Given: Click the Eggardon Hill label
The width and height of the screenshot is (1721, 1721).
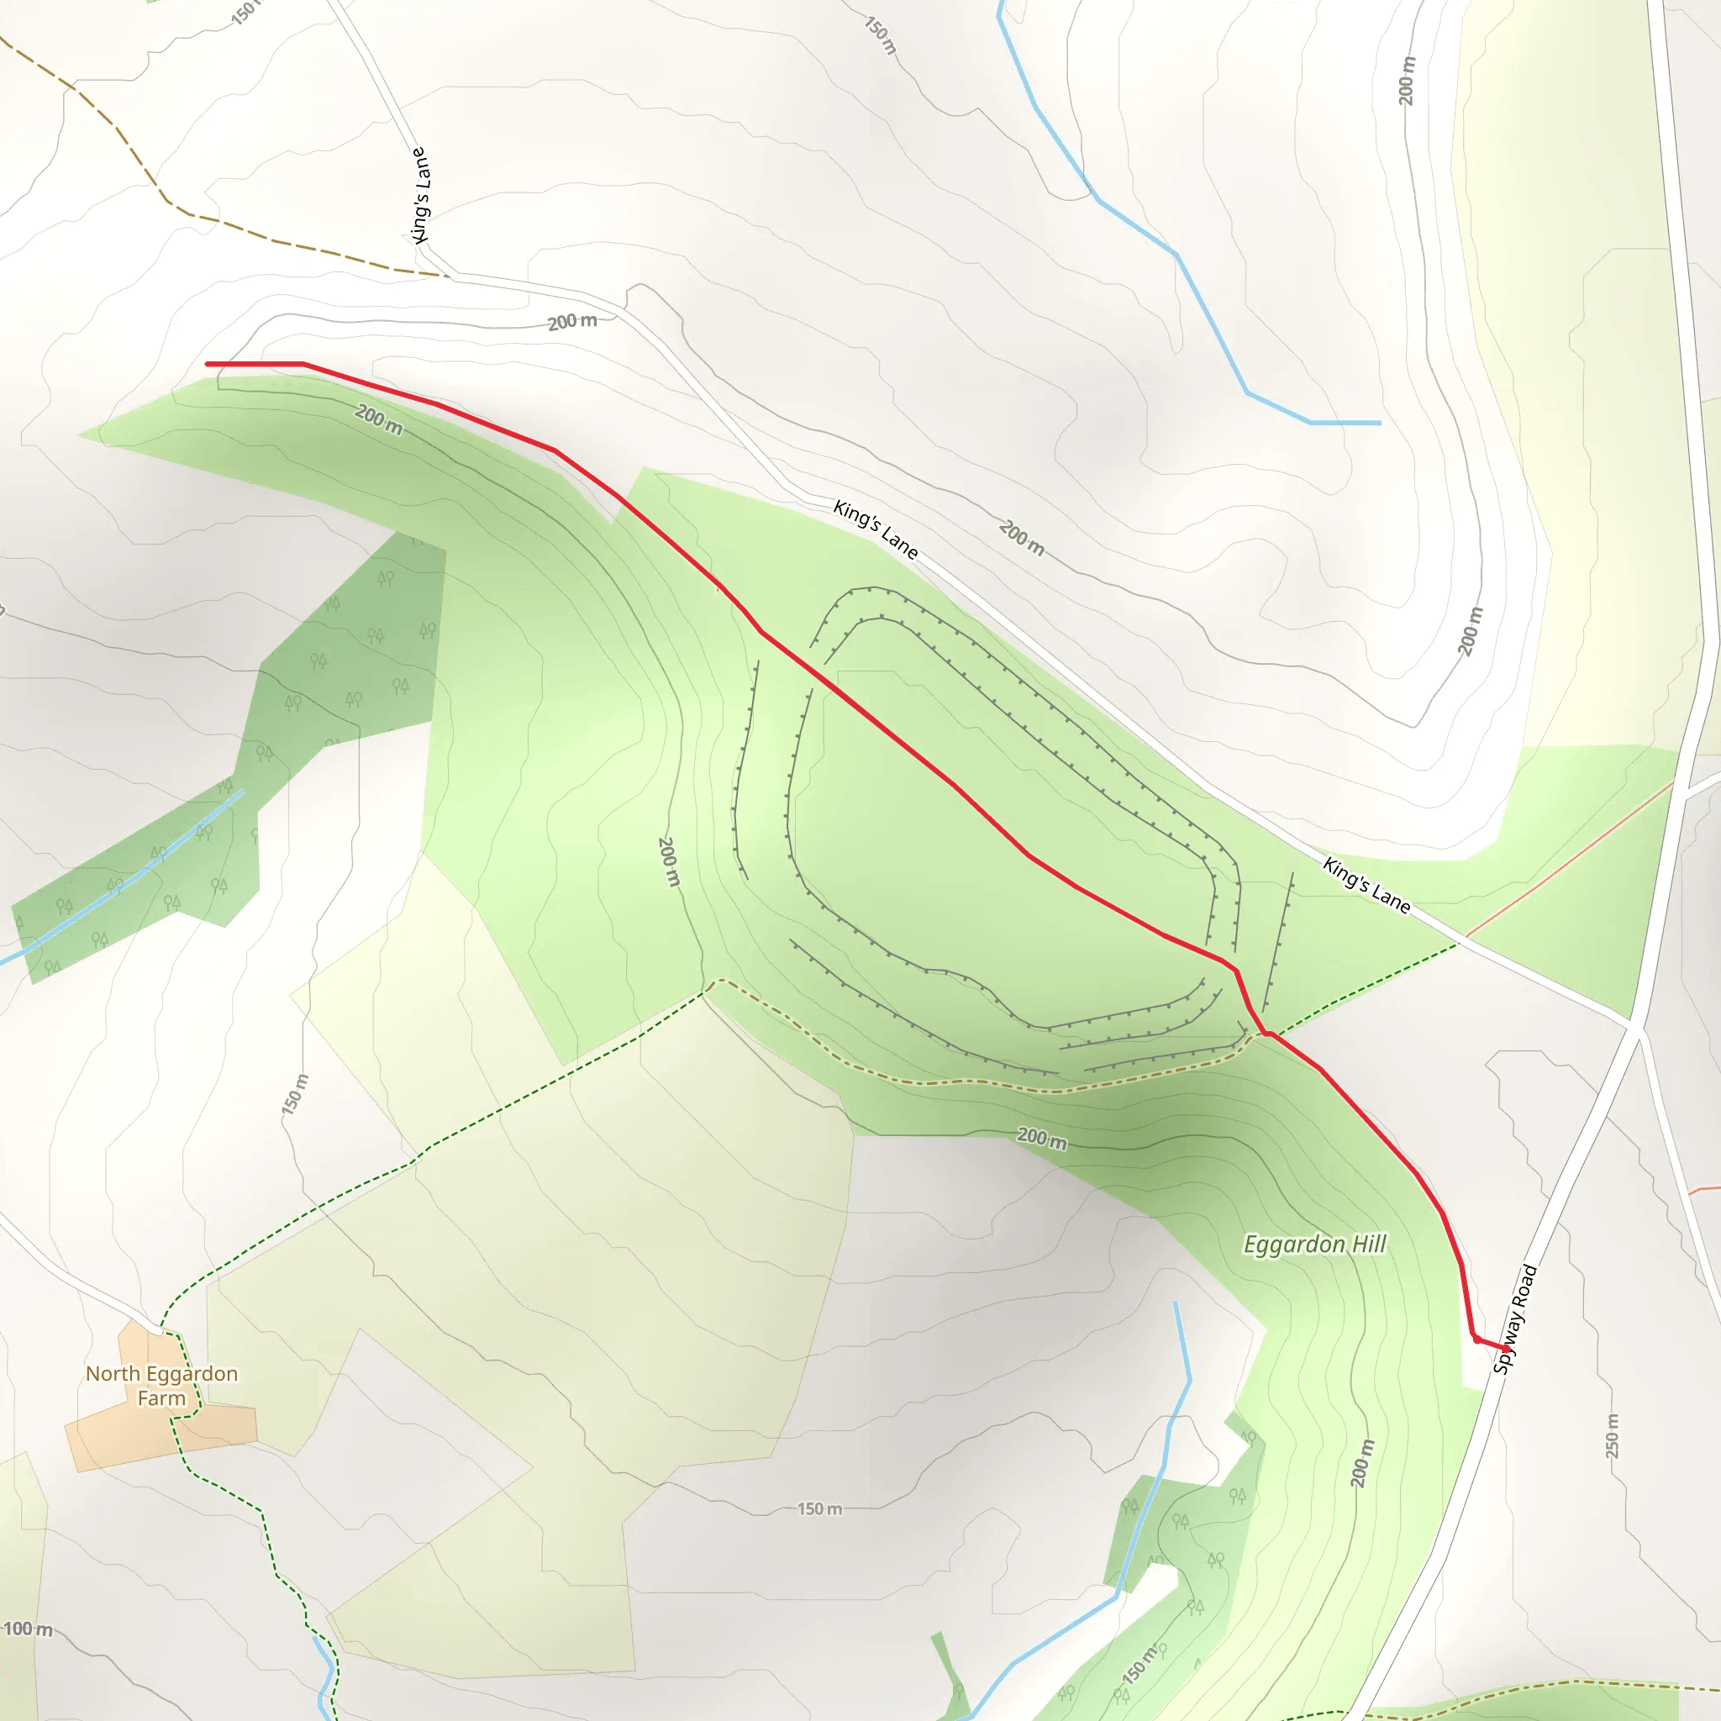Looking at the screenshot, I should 1314,1245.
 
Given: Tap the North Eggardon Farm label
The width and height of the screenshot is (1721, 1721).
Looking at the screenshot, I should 161,1385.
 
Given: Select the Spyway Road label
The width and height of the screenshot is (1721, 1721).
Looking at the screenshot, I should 1514,1318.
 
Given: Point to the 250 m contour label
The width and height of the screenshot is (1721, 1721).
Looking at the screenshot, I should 1613,1435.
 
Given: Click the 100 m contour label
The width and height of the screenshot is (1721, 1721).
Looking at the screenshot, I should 29,1629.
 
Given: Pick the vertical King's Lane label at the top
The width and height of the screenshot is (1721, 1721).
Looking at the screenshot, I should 419,195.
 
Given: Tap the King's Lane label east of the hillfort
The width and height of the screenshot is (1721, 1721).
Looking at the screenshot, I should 1366,886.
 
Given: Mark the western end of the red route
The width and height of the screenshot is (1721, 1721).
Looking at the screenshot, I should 208,363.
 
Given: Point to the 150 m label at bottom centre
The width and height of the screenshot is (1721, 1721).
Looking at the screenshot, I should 818,1509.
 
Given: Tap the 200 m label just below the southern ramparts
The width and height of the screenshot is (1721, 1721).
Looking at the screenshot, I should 1041,1139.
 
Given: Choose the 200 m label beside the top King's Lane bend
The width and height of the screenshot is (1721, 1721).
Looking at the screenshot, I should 572,322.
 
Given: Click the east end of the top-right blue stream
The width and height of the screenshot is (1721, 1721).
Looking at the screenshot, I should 1380,422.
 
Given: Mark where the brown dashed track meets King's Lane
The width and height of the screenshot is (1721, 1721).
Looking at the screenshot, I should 443,276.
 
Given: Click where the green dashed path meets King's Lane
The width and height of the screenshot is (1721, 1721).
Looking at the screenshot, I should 1458,945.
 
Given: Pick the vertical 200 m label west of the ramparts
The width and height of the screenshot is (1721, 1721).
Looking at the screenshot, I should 669,861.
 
